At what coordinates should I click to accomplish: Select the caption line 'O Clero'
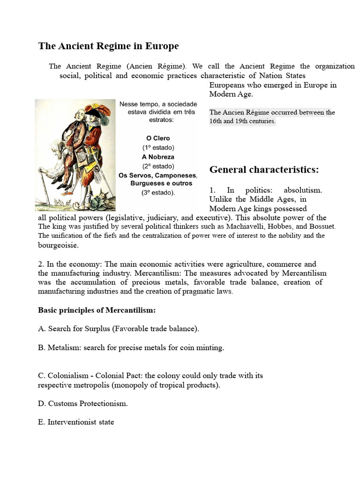[158, 138]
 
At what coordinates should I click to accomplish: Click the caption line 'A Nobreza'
[158, 157]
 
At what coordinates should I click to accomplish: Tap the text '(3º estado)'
[158, 193]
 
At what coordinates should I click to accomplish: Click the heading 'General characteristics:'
[264, 170]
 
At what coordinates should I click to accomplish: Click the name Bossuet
[322, 227]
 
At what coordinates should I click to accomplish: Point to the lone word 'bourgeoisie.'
[59, 245]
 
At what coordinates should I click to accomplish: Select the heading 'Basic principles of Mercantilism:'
[97, 310]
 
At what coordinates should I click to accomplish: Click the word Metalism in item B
[63, 347]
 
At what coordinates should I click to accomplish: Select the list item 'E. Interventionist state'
[76, 422]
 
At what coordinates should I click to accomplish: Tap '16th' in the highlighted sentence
[217, 121]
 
